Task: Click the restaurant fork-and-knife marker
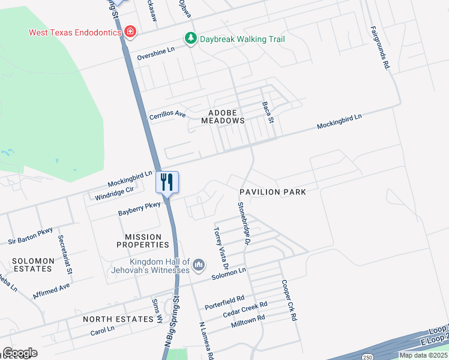pos(167,181)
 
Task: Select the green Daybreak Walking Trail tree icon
pos(191,39)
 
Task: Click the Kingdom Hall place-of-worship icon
pos(199,265)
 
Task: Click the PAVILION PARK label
pos(273,192)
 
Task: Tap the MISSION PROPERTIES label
pos(147,241)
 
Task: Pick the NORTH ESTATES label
pos(118,319)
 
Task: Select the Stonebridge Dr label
pos(243,223)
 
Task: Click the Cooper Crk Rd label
pos(291,299)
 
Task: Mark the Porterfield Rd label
pos(224,298)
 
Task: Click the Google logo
pos(20,353)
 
